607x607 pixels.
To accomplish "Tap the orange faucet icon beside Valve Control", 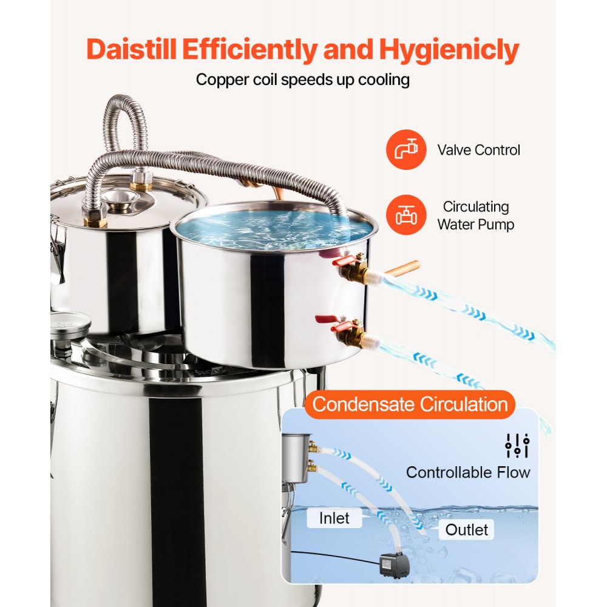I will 405,150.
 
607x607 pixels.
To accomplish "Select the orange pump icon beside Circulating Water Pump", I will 405,215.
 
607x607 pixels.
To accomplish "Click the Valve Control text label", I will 479,150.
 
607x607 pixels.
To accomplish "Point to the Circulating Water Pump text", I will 476,215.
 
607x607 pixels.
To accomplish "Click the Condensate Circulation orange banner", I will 410,404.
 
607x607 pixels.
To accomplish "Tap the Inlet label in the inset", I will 334,518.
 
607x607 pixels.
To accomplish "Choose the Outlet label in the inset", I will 466,529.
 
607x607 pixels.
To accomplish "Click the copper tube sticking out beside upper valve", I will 402,268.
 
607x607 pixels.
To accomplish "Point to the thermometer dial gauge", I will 68,323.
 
